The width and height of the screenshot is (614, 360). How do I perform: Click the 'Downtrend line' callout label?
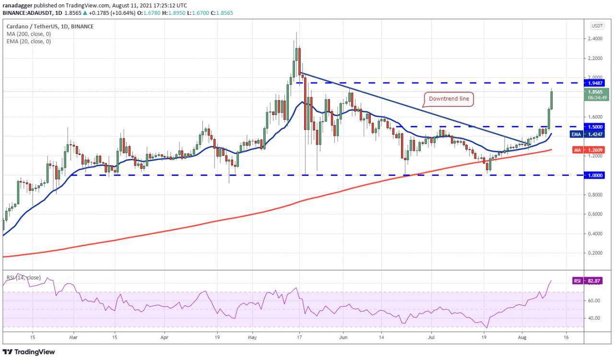[x=449, y=99]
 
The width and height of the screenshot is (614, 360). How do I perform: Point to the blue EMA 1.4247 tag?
[x=591, y=135]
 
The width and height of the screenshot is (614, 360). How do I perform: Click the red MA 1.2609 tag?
[x=591, y=150]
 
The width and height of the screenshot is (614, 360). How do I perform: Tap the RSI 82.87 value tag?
[x=591, y=281]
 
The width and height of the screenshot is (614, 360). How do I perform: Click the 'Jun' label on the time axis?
[x=343, y=337]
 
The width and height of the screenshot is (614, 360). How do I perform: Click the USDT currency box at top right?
[x=597, y=26]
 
